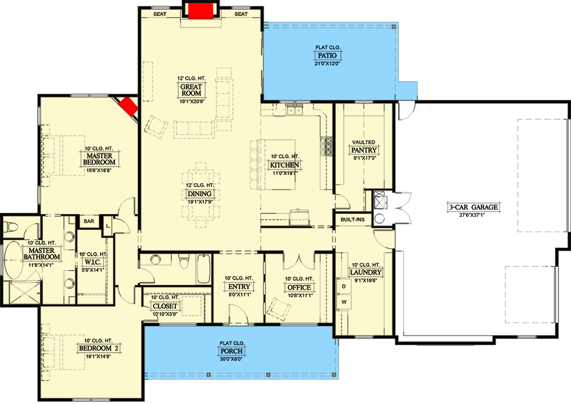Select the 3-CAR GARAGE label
(473, 207)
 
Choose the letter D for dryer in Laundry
(344, 285)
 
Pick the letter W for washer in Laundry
(344, 301)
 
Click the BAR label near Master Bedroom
(89, 221)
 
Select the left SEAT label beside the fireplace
(160, 14)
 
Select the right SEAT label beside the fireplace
(241, 14)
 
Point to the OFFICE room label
(299, 287)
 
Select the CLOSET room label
(166, 306)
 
